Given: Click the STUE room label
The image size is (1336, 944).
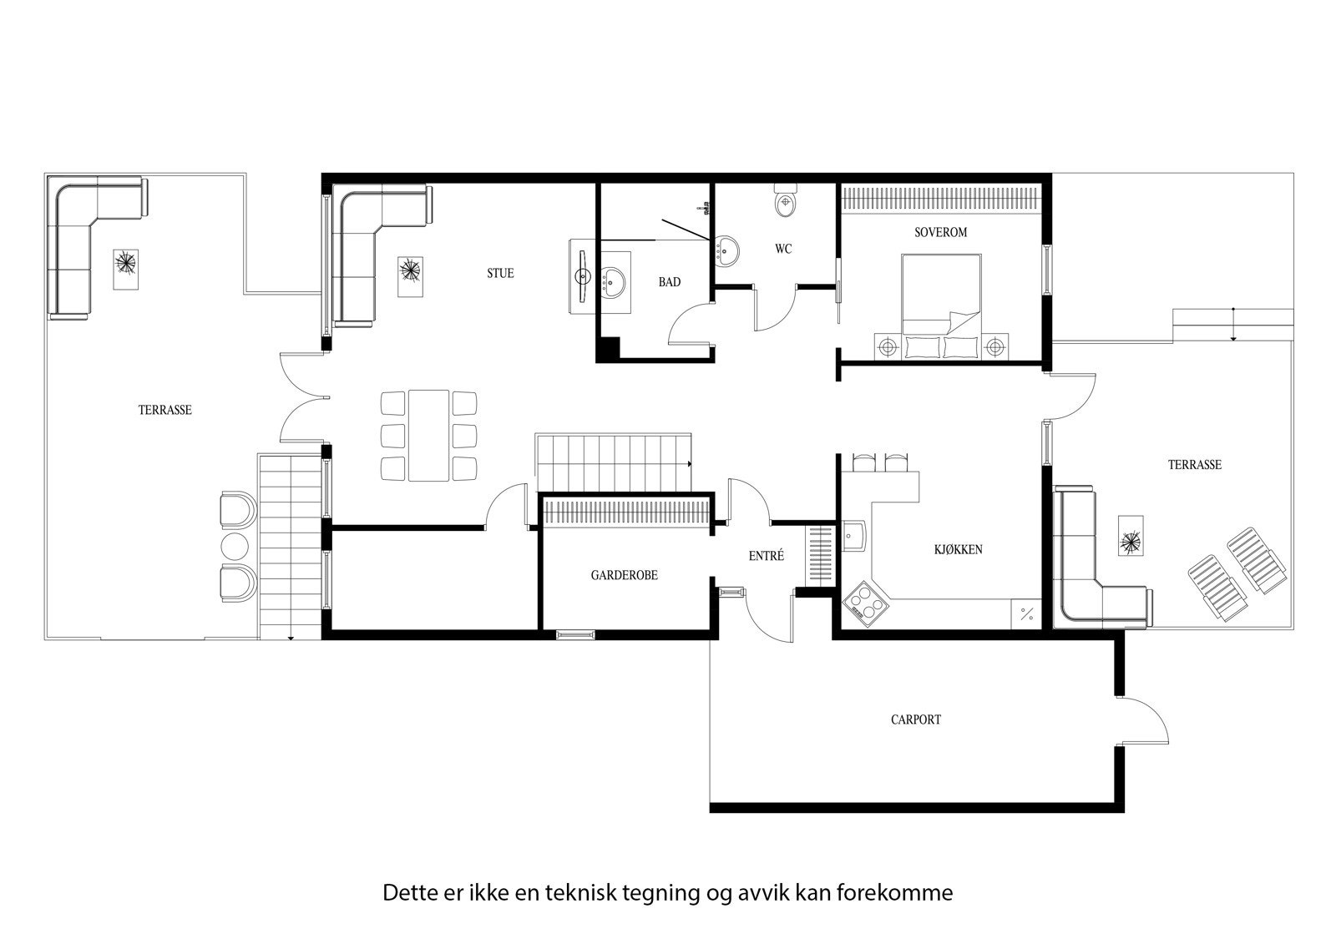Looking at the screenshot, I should coord(501,273).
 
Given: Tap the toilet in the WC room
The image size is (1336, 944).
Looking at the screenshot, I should coord(786,203).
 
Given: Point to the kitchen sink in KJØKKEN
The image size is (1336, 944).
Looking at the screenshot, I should coord(854,537).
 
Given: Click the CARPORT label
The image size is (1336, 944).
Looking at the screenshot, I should coord(915,719).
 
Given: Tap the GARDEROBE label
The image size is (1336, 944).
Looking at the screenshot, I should coord(624,575).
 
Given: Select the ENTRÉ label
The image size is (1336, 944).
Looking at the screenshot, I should coord(766,556).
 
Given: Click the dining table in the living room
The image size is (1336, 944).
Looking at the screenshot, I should coord(428,435).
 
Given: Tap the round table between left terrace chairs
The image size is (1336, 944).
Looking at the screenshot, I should coord(235,546).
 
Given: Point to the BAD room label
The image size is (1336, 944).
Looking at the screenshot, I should coord(669,282).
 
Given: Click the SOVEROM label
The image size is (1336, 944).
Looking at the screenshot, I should coord(940,232).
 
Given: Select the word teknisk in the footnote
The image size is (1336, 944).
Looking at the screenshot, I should coord(581,893).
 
